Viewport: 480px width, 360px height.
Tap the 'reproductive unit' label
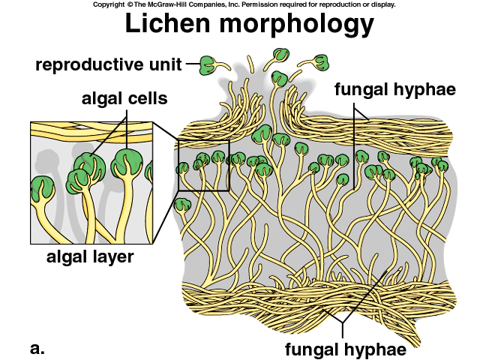click(x=109, y=64)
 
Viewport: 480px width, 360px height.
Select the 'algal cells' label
click(x=125, y=98)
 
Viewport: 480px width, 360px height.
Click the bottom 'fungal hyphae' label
click(x=345, y=348)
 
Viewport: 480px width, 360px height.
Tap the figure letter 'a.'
click(x=37, y=347)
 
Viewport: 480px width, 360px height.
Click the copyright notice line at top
click(x=244, y=4)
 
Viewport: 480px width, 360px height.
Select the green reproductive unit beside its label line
click(x=207, y=64)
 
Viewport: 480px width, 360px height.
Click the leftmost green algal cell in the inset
click(x=41, y=185)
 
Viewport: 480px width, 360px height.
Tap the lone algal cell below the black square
click(x=181, y=205)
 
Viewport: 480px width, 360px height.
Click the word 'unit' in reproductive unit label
click(x=166, y=64)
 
